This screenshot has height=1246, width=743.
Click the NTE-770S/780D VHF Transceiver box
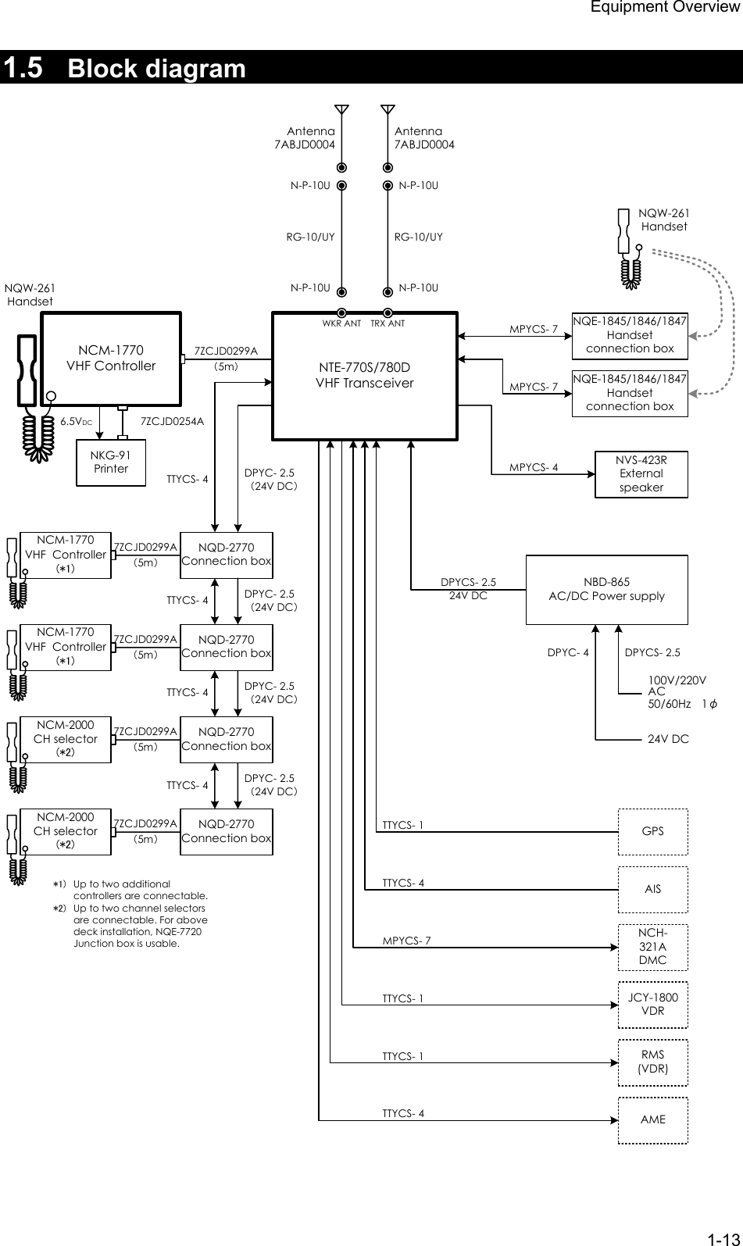click(x=364, y=377)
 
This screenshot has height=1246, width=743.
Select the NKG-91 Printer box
click(x=111, y=462)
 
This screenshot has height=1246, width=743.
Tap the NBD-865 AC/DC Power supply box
click(x=606, y=590)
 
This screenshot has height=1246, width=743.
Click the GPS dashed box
click(x=653, y=831)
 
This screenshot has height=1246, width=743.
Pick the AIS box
click(x=653, y=889)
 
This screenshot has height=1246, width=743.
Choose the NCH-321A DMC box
click(x=653, y=946)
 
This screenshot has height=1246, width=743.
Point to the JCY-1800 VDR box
click(x=653, y=1004)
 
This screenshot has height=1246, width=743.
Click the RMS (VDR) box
click(x=653, y=1062)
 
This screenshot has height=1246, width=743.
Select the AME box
click(x=653, y=1119)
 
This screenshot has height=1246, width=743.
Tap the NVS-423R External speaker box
click(x=641, y=473)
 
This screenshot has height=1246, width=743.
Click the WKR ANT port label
click(x=341, y=323)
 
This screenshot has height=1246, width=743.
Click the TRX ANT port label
click(x=388, y=323)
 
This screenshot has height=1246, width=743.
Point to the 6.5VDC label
click(x=77, y=421)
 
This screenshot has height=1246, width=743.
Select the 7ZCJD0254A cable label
click(x=172, y=421)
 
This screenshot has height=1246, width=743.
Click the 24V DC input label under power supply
click(x=668, y=738)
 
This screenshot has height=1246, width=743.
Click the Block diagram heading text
click(x=157, y=69)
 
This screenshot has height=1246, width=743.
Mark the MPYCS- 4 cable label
click(x=534, y=468)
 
